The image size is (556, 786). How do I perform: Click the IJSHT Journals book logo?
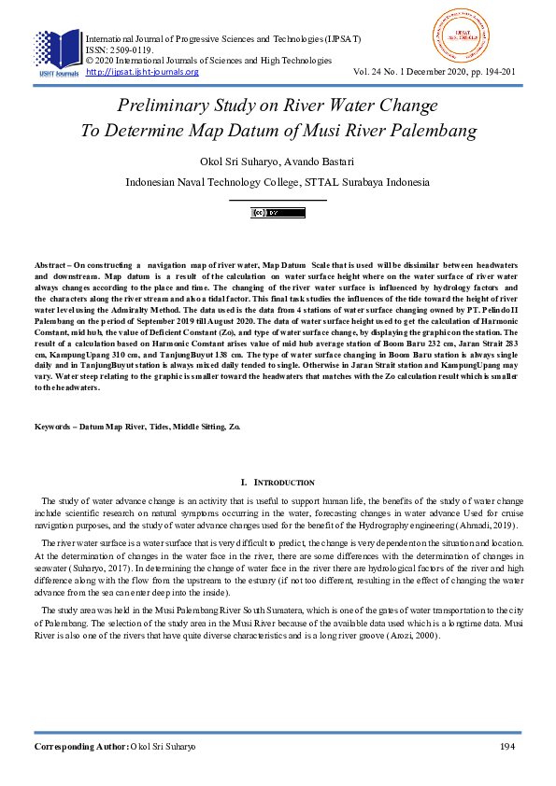(x=58, y=51)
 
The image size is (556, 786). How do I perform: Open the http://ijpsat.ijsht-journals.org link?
(x=142, y=72)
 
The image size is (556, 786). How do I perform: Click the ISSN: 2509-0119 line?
(x=119, y=50)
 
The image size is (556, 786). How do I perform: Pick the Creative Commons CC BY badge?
(x=278, y=213)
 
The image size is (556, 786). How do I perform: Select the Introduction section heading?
(x=278, y=482)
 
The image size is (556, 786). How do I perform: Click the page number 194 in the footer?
(x=508, y=747)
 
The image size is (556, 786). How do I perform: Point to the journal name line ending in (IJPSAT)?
(x=223, y=39)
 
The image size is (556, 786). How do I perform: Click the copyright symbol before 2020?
(x=90, y=61)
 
